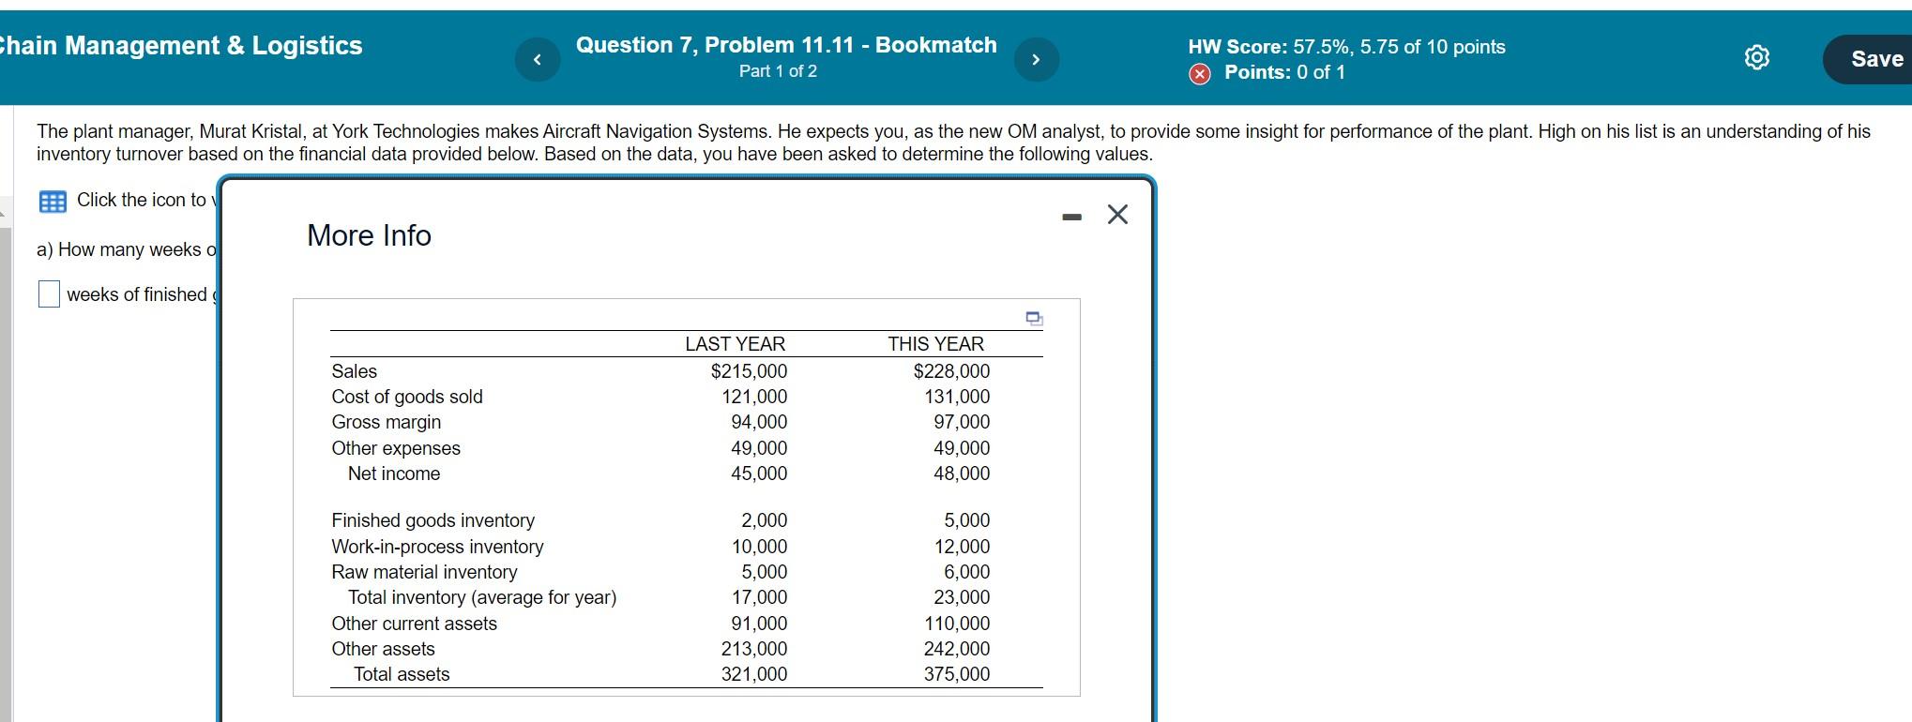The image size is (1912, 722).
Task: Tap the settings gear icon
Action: (x=1756, y=58)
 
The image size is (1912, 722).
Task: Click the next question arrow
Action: (x=1036, y=60)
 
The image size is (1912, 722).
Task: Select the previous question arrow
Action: (x=538, y=60)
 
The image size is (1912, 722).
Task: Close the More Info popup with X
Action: (x=1116, y=215)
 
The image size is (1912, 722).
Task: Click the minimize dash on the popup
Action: (x=1071, y=218)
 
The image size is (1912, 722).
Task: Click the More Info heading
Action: (x=369, y=235)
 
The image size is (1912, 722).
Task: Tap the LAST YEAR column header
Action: (x=735, y=344)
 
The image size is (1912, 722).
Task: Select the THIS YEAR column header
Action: (x=935, y=344)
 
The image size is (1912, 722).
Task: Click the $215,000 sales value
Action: (x=749, y=371)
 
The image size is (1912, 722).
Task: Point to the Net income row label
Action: (x=394, y=474)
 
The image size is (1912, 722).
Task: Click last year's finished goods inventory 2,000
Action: (x=764, y=520)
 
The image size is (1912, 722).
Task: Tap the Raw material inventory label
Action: (x=424, y=572)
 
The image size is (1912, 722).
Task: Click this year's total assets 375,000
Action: (x=956, y=674)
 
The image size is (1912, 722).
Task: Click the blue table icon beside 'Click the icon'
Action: (x=53, y=201)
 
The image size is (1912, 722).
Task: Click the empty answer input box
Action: (x=49, y=294)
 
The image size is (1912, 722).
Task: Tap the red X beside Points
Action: (x=1199, y=74)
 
